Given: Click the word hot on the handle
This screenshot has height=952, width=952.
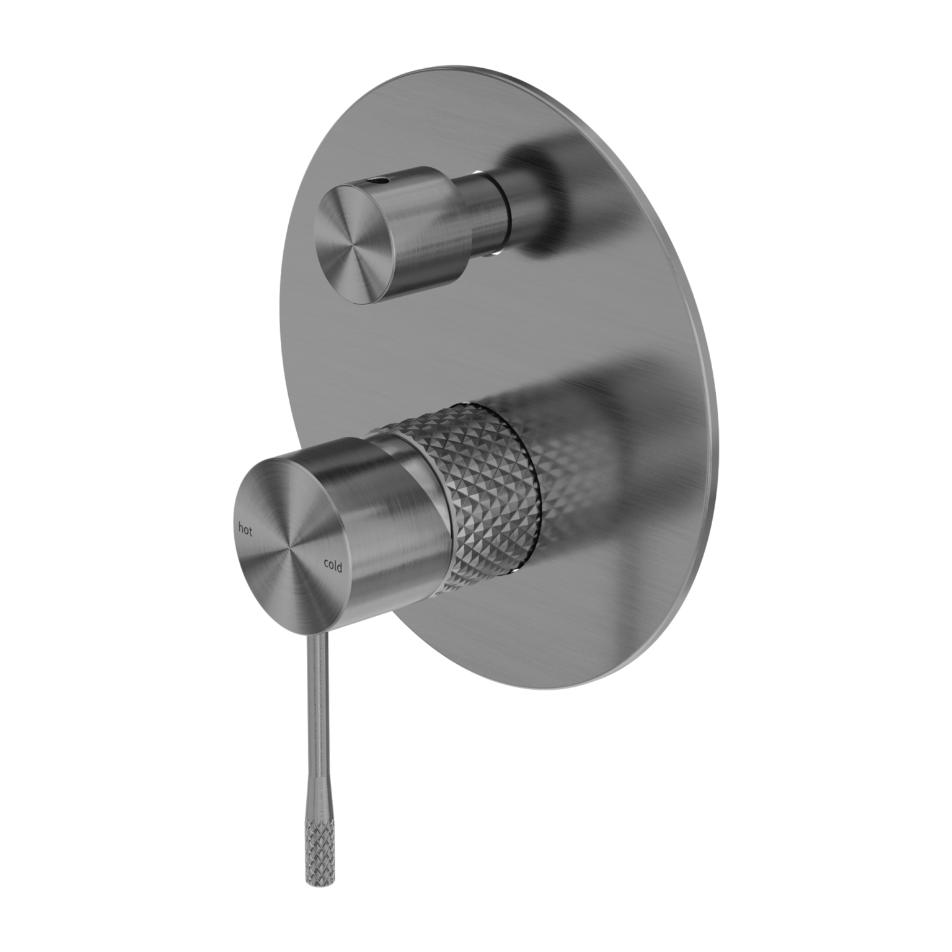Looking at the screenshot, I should click(x=245, y=529).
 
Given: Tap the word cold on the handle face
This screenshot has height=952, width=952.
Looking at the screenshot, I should click(x=332, y=564).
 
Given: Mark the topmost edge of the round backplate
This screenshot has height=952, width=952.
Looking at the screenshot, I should click(x=471, y=66).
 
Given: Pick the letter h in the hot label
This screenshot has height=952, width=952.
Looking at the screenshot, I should click(x=241, y=528).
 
